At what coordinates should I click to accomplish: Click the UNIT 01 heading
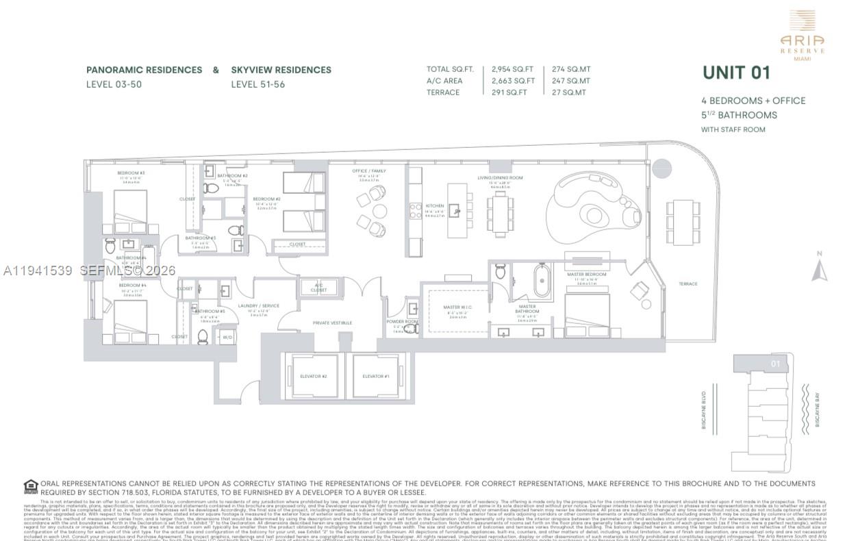pyautogui.click(x=736, y=73)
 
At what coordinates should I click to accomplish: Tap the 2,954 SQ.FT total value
pyautogui.click(x=512, y=69)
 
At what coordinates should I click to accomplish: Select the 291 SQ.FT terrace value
pyautogui.click(x=509, y=92)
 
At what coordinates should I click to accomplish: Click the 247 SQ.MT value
pyautogui.click(x=571, y=81)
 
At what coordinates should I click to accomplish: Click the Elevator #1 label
pyautogui.click(x=376, y=376)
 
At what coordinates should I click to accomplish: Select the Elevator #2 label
pyautogui.click(x=314, y=376)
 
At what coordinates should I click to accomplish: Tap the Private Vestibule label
pyautogui.click(x=332, y=323)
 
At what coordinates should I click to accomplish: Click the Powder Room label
pyautogui.click(x=401, y=322)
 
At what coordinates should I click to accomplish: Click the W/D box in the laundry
pyautogui.click(x=227, y=337)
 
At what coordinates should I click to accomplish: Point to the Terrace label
pyautogui.click(x=688, y=284)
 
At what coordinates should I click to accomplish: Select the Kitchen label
pyautogui.click(x=435, y=205)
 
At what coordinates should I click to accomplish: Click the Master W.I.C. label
pyautogui.click(x=458, y=307)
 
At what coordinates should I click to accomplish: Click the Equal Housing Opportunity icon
pyautogui.click(x=31, y=487)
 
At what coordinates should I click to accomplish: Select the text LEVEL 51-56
pyautogui.click(x=257, y=85)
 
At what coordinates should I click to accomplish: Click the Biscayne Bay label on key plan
pyautogui.click(x=818, y=410)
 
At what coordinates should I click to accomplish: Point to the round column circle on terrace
pyautogui.click(x=661, y=168)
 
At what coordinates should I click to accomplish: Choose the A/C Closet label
pyautogui.click(x=318, y=288)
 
